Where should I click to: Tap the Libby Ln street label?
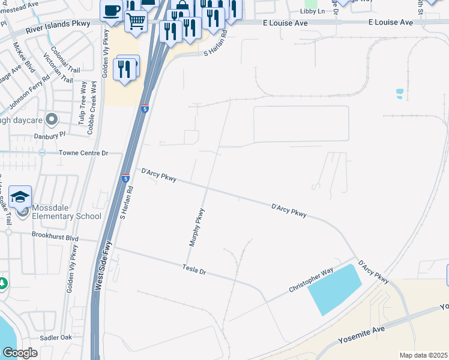[313, 11]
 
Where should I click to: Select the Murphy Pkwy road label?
[197, 228]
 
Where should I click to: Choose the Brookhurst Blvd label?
[55, 236]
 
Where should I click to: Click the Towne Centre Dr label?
[83, 153]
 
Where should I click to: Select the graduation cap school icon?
[20, 196]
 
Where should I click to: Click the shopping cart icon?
[136, 22]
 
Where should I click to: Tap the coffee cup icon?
[111, 11]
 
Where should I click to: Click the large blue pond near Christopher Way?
[335, 289]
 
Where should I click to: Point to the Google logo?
[20, 352]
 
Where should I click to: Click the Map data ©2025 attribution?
[423, 355]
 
